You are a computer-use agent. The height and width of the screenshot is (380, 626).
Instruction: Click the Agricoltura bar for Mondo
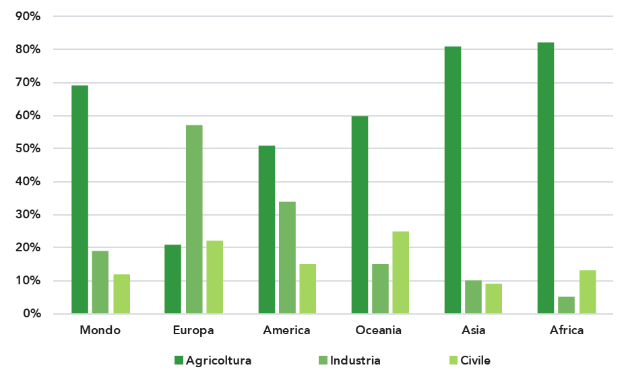pos(80,199)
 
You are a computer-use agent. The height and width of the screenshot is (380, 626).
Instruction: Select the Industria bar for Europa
pos(194,219)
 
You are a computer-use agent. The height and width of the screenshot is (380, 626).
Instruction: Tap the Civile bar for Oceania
pos(401,272)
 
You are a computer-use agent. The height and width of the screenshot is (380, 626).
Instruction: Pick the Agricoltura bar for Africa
pos(546,178)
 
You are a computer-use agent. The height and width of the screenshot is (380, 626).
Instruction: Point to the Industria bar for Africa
pos(567,305)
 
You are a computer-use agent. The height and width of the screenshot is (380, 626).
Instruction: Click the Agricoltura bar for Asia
pos(453,180)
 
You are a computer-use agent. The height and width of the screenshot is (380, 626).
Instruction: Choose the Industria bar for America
pos(288,257)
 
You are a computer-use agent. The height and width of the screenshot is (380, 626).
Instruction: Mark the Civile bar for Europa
pos(215,277)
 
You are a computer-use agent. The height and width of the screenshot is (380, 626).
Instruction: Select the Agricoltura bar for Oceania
pos(360,215)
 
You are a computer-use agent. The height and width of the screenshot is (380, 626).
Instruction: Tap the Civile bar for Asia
pos(494,298)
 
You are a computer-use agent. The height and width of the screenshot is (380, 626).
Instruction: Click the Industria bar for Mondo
pos(100,282)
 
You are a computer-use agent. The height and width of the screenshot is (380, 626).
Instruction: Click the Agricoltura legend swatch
pos(179,360)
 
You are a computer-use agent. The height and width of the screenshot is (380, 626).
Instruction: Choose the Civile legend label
pos(475,360)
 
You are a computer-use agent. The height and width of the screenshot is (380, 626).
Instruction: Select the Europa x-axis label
pos(193,330)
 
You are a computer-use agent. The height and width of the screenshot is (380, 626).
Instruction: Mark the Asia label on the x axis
pos(474,330)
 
